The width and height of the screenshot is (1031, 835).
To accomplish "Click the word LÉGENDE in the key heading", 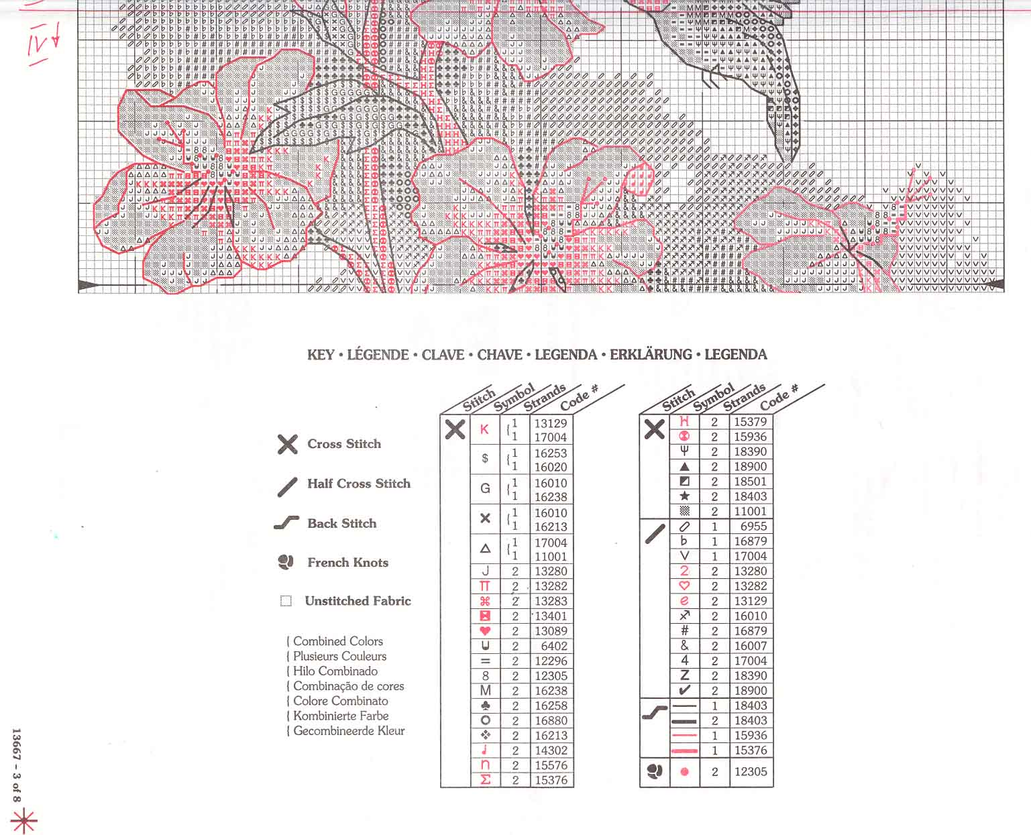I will [378, 355].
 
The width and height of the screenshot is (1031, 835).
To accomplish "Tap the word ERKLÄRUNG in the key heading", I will [650, 355].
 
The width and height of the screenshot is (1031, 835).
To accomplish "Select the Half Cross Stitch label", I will [358, 484].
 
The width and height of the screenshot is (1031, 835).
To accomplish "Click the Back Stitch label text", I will [341, 523].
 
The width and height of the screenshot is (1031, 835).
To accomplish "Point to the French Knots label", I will [347, 563].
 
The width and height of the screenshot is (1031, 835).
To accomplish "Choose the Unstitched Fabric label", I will [358, 601].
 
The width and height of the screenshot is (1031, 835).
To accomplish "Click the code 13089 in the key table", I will [551, 631].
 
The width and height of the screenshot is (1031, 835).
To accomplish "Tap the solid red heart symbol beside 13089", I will [486, 631].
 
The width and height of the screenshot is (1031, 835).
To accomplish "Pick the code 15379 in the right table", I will [750, 422].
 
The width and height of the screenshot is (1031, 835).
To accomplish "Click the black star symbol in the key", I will [684, 496].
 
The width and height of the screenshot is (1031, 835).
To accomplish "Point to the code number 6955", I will [753, 526].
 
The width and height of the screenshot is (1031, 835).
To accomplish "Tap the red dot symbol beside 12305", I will [684, 772].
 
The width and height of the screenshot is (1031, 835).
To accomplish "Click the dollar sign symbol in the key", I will [485, 459].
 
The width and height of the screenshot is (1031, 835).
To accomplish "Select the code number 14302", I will [551, 750].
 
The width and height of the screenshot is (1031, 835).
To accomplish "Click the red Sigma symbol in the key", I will [486, 780].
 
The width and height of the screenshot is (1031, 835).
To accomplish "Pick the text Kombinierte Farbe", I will [341, 716].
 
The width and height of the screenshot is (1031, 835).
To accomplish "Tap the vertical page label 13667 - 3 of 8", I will [17, 765].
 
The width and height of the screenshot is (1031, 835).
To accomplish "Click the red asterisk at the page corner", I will [23, 820].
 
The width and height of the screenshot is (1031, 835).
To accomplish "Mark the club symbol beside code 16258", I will [486, 706].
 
